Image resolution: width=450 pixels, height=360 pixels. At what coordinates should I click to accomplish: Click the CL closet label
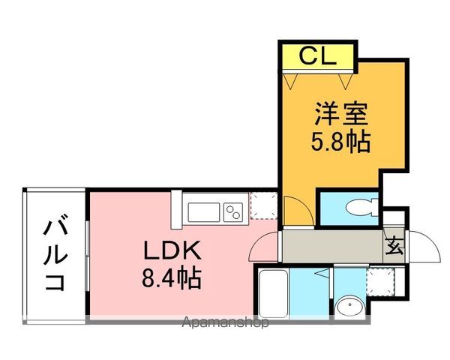317,56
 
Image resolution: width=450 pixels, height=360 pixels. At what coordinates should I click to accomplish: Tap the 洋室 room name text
341,113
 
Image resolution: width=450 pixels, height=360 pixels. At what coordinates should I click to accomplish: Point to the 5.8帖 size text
340,142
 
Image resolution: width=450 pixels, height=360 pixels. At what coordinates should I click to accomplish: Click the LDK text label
172,250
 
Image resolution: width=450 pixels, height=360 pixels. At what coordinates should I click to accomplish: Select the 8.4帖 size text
172,278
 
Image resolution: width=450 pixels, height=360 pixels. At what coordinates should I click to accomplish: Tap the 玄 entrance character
394,245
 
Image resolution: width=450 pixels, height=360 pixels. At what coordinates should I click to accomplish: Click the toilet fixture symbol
362,207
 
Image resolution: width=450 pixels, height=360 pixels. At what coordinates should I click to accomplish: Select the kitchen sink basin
204,212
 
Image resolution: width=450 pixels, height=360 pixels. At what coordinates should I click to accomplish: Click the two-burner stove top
233,212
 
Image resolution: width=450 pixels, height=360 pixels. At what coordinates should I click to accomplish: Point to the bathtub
273,293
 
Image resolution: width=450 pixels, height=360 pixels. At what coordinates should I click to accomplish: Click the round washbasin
350,307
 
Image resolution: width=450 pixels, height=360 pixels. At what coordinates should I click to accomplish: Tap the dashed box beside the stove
264,205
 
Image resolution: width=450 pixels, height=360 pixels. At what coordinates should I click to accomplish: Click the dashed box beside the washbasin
381,282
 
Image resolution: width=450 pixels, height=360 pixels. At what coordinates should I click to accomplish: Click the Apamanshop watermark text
225,322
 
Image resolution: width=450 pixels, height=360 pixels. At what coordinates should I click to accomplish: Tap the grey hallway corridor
333,246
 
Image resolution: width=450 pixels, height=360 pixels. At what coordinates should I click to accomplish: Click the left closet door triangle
289,81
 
